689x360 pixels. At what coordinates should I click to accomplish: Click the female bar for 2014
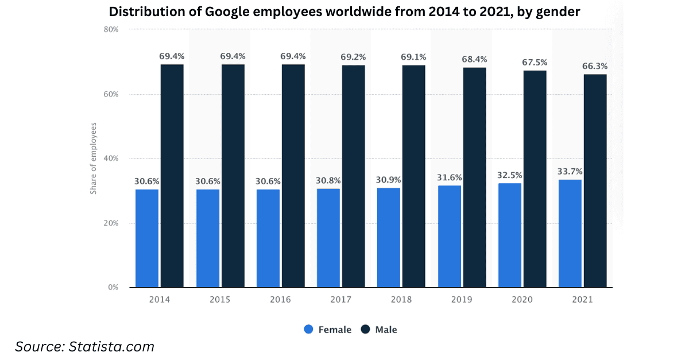click(x=147, y=238)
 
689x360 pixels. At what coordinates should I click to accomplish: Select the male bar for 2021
click(x=595, y=181)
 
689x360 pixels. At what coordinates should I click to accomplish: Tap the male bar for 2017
click(x=354, y=176)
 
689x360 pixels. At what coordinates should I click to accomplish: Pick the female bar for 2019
click(x=450, y=237)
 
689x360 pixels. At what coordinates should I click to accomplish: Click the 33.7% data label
click(x=570, y=171)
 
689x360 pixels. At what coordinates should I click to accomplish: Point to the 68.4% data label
click(x=474, y=59)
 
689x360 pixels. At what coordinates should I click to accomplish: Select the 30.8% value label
click(x=328, y=180)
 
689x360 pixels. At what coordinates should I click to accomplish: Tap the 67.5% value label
click(x=535, y=63)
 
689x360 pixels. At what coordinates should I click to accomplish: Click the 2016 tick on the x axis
click(x=280, y=300)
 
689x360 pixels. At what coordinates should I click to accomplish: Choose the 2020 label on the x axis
click(x=522, y=300)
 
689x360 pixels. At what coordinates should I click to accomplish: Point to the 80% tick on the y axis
click(x=111, y=29)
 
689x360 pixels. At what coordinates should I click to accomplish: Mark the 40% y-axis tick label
click(x=111, y=158)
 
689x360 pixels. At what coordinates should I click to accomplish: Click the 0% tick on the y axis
click(x=113, y=288)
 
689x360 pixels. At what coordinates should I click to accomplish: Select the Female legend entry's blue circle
click(x=308, y=329)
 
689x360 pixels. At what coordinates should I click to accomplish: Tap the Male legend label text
click(x=386, y=330)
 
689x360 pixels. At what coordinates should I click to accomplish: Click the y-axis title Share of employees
click(x=93, y=158)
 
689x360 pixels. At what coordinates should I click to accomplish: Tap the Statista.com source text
click(x=111, y=347)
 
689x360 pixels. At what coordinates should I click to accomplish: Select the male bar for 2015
click(x=233, y=176)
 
